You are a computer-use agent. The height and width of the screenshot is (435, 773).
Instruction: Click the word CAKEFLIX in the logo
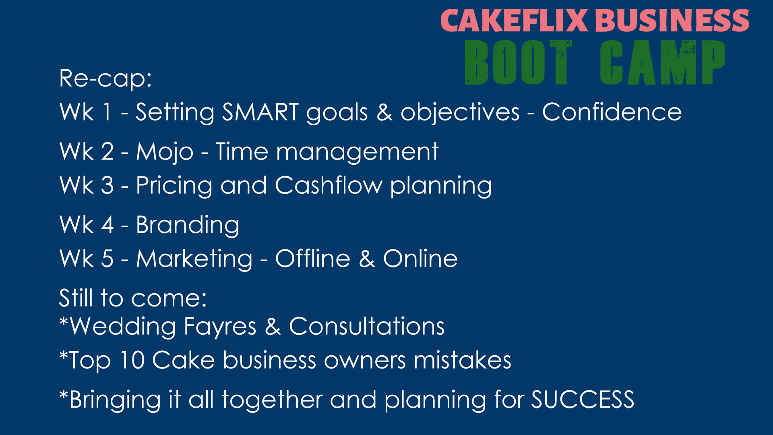tap(514, 21)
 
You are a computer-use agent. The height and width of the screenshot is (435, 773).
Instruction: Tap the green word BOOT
tap(518, 62)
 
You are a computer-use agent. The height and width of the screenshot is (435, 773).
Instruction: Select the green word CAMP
tap(663, 62)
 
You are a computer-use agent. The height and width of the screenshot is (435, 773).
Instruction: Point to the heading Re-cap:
tap(105, 78)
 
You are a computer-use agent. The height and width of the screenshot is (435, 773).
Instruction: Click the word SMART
tap(260, 112)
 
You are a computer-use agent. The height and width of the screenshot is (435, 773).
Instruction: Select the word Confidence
tap(612, 112)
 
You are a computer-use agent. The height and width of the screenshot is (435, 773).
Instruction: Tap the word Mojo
tap(165, 152)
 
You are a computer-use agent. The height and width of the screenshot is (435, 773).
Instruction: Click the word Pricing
tap(174, 186)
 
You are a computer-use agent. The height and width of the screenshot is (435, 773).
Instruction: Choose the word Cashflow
tap(329, 185)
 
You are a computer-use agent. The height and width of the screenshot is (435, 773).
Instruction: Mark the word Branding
tap(188, 225)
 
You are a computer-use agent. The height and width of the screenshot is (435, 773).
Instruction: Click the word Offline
tap(312, 258)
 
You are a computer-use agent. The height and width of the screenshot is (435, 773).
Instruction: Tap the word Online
tap(420, 258)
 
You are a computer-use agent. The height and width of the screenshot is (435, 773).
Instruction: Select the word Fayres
tap(220, 327)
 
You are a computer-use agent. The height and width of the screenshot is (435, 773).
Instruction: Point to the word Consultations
tap(367, 326)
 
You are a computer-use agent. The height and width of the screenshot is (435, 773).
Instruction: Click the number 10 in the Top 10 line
tap(132, 360)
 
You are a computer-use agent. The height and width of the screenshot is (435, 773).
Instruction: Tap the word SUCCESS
tap(583, 400)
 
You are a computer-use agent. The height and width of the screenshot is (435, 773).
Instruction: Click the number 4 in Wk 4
tap(107, 225)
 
